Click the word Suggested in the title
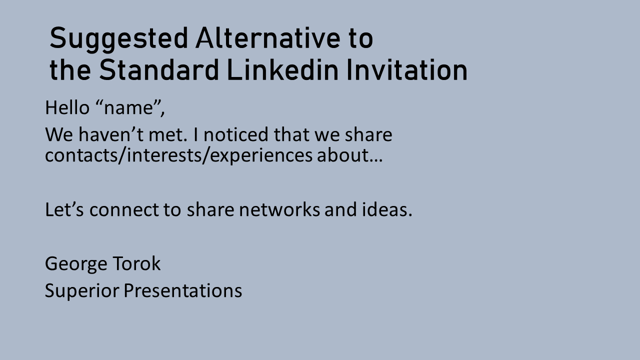(119, 39)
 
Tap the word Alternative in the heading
(267, 37)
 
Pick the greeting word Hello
(67, 107)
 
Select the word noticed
(236, 134)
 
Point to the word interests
(164, 155)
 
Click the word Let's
(64, 209)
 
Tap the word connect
(124, 210)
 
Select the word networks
(279, 209)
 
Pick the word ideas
(387, 209)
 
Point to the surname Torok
(137, 263)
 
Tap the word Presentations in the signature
(183, 290)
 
